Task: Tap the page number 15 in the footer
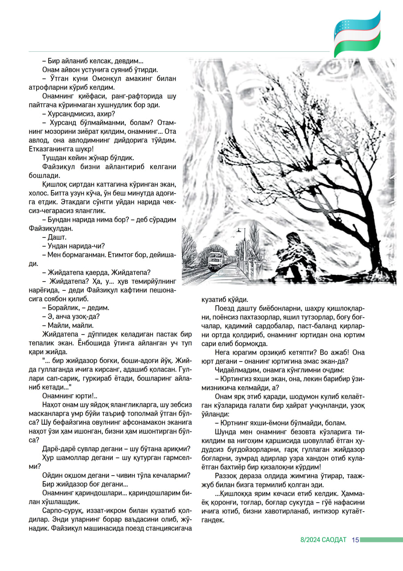(355, 540)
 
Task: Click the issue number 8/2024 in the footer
(310, 540)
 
